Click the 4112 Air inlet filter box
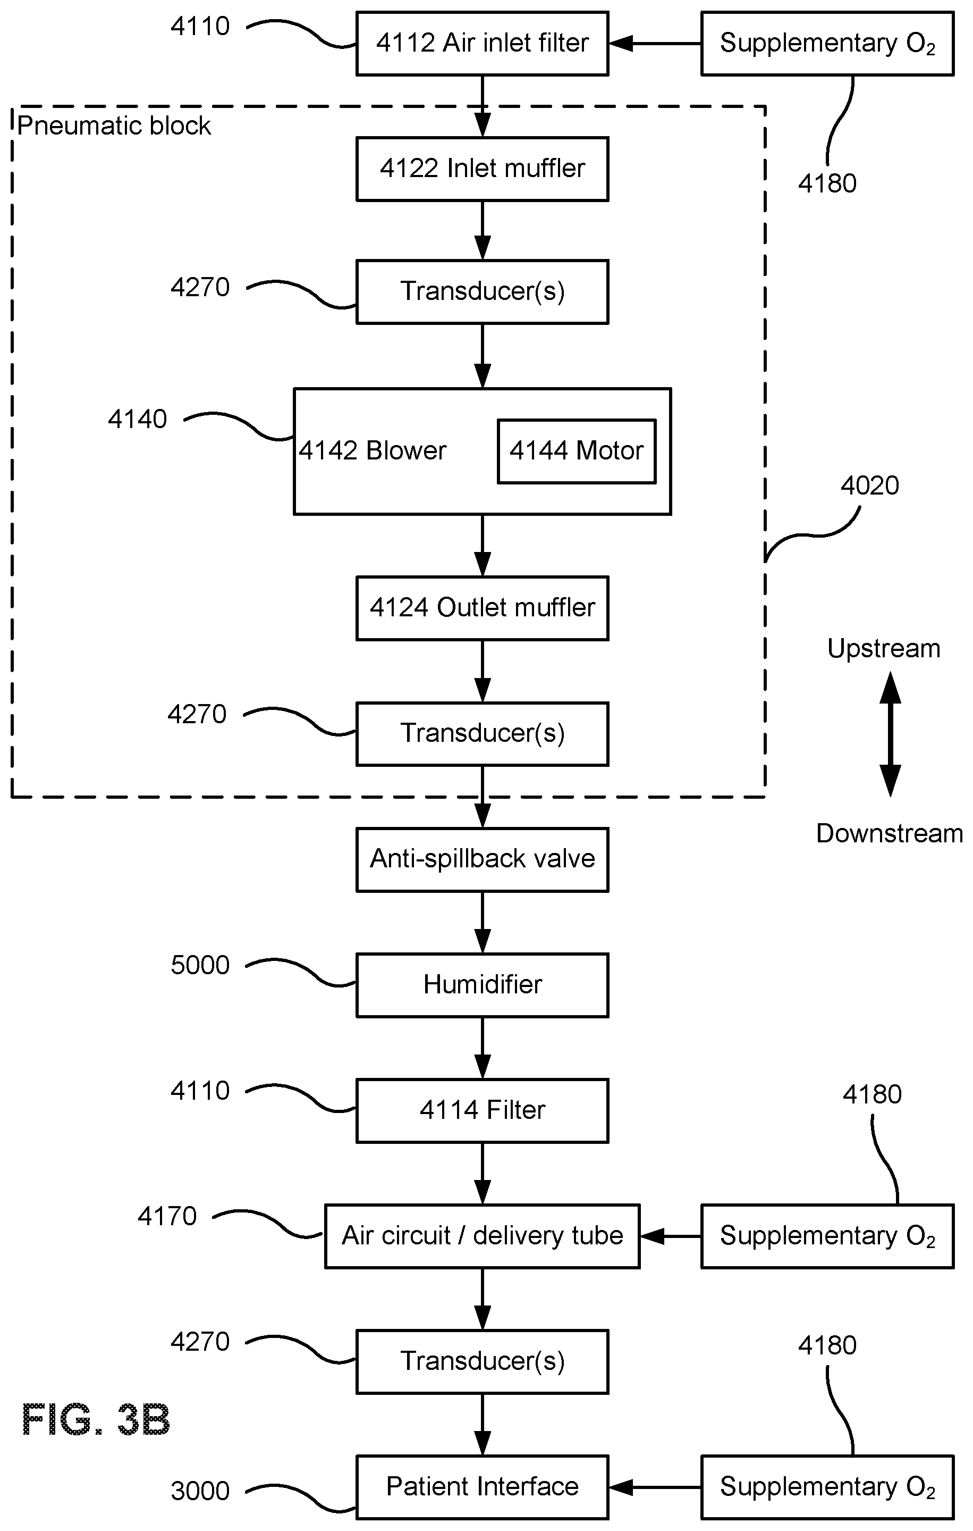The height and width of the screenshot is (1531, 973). (483, 43)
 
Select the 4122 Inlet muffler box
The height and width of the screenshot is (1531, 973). (483, 169)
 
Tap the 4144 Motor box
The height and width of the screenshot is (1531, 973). (577, 451)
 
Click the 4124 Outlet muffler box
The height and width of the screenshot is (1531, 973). (483, 608)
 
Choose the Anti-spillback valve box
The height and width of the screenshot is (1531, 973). (483, 859)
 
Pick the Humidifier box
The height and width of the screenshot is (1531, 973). (483, 985)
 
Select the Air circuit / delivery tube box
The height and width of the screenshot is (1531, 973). (483, 1236)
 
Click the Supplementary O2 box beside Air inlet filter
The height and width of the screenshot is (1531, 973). (827, 43)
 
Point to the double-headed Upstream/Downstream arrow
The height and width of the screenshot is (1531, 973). (890, 734)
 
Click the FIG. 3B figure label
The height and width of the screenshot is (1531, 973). (97, 1420)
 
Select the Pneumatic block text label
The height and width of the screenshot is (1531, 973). (114, 126)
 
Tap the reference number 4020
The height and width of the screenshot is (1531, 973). (869, 486)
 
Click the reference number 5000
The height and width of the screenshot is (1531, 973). (200, 965)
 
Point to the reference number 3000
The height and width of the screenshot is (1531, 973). (200, 1491)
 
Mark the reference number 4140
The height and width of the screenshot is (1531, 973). (137, 419)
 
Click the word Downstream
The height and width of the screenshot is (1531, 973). (889, 833)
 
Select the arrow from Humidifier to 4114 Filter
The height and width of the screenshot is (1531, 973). (483, 1048)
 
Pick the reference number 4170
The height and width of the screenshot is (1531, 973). (167, 1216)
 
